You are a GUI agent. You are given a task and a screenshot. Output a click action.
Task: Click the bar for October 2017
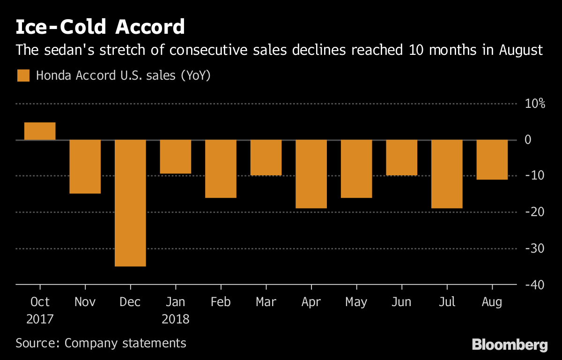click(40, 131)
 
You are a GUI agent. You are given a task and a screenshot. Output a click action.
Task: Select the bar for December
click(130, 203)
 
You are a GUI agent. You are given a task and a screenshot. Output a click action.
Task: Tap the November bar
click(85, 166)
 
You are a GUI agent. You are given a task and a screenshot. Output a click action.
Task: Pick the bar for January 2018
click(176, 157)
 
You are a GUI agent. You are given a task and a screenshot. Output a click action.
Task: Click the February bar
click(221, 169)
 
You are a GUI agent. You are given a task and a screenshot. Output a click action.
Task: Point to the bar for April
click(311, 174)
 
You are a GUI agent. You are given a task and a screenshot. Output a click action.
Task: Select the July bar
click(447, 174)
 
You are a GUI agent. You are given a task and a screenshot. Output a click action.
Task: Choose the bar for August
click(492, 159)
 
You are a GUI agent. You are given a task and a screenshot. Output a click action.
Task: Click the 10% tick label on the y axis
click(534, 104)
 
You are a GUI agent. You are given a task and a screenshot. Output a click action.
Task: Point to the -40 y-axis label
click(535, 285)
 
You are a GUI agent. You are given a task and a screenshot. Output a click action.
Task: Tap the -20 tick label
click(535, 212)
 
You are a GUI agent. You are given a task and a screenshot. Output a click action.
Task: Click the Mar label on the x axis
click(266, 302)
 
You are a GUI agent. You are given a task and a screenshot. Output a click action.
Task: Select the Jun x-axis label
click(402, 302)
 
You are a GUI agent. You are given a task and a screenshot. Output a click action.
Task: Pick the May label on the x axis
click(356, 302)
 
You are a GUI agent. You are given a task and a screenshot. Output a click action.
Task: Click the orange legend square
click(23, 75)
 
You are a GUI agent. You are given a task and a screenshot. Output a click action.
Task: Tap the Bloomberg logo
click(510, 345)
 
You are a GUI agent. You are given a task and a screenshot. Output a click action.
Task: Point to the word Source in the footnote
click(36, 343)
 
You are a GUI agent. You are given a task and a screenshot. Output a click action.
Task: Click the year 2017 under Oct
click(40, 319)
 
